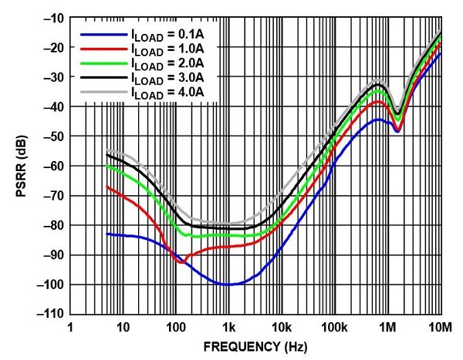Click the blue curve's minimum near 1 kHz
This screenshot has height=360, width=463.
[x=228, y=284]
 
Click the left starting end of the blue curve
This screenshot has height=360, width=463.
[x=106, y=234]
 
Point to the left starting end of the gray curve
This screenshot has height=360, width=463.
[x=106, y=151]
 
